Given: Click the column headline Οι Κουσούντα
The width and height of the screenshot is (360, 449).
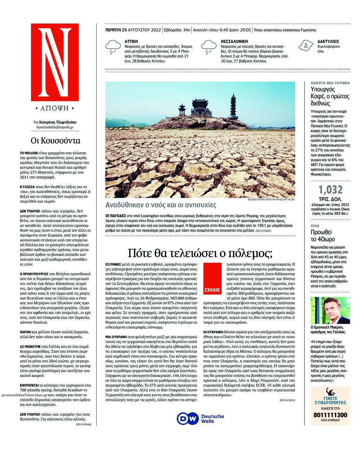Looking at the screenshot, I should pos(55,141).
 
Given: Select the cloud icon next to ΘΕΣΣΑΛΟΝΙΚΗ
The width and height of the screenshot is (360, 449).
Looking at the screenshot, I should pos(209,47).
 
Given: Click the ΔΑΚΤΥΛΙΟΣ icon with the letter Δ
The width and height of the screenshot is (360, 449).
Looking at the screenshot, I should pos(306,45).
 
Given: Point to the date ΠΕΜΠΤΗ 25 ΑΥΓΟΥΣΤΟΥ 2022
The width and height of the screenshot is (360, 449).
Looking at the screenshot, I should pos(133,30).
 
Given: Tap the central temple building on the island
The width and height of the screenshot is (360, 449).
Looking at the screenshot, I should pos(201,108).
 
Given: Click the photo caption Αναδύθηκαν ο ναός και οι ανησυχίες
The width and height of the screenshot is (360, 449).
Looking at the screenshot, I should pos(161,205).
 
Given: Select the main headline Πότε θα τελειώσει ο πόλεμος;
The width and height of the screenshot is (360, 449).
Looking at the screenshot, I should pos(200,253).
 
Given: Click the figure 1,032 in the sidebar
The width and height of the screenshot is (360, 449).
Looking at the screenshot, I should pos(330,190).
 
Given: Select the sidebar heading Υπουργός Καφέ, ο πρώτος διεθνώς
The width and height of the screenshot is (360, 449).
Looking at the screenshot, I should pos(330,96).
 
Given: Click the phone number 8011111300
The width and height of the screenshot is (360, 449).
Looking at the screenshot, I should pos(330,415).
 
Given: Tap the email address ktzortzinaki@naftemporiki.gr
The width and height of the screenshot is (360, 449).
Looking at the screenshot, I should pos(55,127).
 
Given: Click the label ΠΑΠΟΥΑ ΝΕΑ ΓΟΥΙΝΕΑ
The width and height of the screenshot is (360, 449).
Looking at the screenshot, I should pos(330,83).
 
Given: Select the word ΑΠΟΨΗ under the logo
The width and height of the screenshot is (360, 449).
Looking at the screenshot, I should pos(55,108).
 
